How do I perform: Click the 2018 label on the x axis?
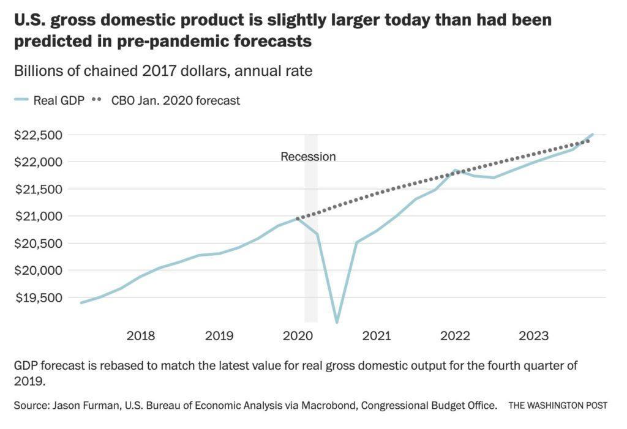(140, 335)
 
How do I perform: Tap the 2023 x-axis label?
(533, 335)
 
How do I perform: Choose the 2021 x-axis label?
(376, 335)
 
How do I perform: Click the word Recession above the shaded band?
(308, 157)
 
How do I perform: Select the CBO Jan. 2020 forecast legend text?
(176, 100)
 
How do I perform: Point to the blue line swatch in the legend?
(21, 100)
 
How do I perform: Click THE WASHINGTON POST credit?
(557, 406)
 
